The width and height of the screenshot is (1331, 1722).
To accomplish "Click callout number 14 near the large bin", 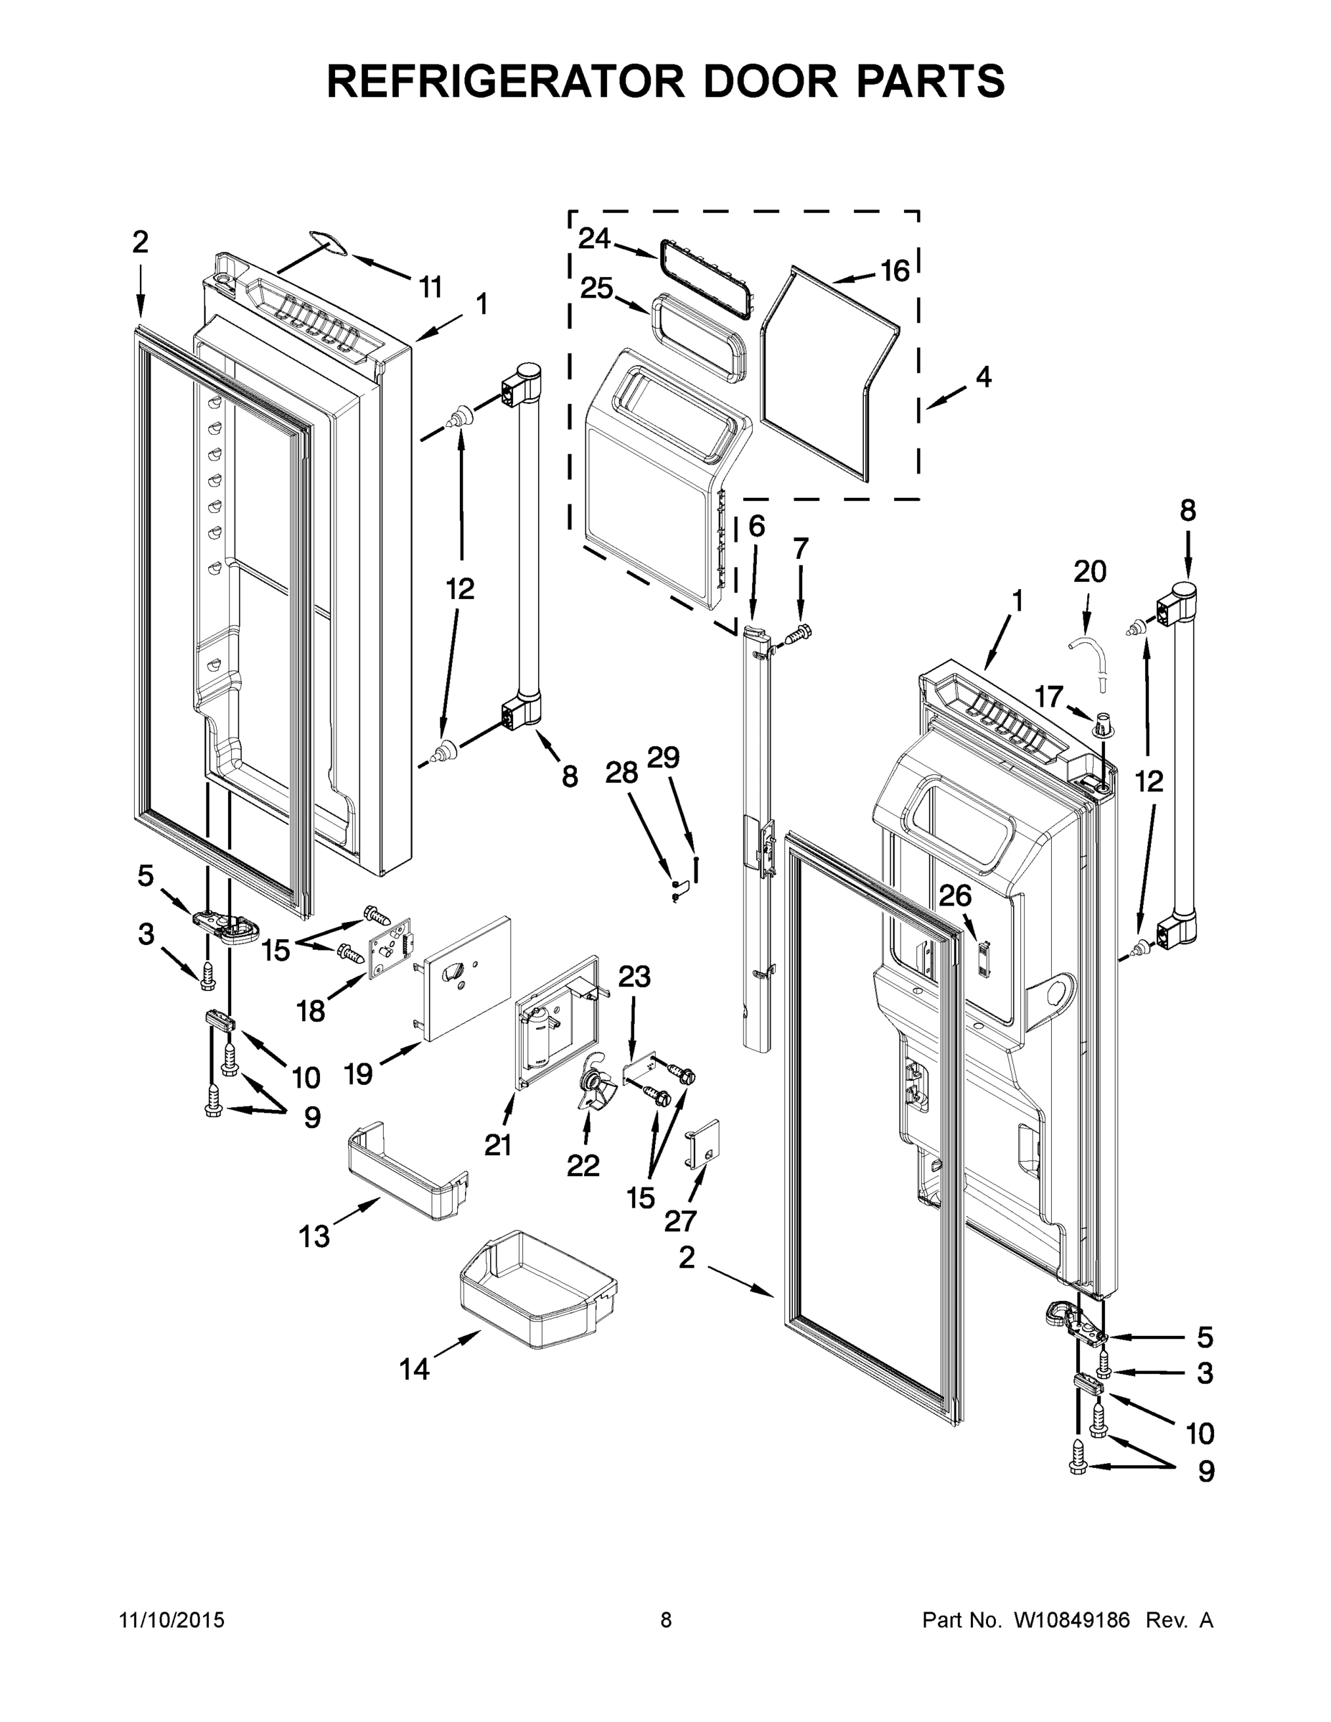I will pos(414,1370).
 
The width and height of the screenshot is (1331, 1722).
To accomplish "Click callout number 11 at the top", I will pos(430,288).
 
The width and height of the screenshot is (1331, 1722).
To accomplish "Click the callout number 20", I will pos(1090,571).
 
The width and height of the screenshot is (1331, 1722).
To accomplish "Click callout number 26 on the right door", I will pos(955,895).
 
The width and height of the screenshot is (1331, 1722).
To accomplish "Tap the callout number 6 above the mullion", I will pos(756,526).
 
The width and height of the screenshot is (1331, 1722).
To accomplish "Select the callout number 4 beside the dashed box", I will pos(982,377).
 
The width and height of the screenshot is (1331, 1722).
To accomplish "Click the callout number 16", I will pos(895,270).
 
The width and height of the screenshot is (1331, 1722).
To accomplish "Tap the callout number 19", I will pos(359,1073).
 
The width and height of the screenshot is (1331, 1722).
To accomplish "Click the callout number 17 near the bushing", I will pos(1049,697).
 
